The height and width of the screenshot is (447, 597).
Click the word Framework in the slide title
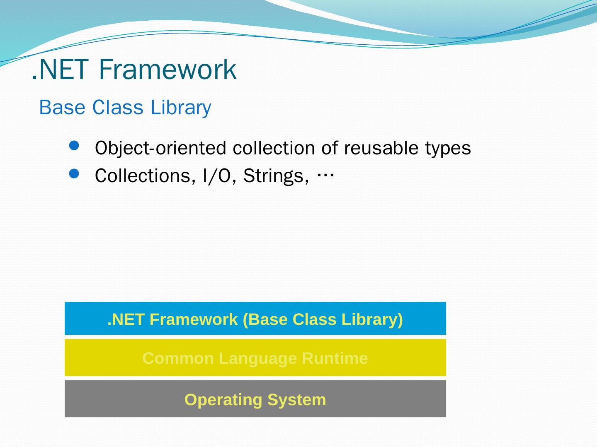pos(167,70)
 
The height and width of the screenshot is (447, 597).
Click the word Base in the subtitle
pos(62,108)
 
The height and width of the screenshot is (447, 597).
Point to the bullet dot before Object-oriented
pos(74,145)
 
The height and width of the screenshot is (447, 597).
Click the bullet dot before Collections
pos(74,174)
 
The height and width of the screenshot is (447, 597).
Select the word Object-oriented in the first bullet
pos(160,149)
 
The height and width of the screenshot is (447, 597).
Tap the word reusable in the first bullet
pos(381,148)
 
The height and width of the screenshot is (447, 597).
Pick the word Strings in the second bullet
pos(276,176)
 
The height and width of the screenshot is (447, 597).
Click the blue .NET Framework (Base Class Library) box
pos(255,318)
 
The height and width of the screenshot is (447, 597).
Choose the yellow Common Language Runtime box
pos(255,358)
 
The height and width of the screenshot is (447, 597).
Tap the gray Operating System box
pos(255,399)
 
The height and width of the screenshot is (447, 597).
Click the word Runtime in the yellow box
pos(335,358)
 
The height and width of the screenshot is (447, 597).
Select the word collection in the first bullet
pos(274,148)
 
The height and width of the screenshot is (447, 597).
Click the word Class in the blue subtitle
pos(118,108)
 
